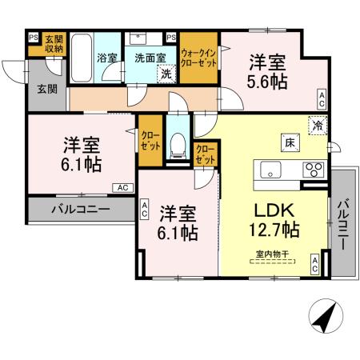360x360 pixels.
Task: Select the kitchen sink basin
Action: pos(268,169)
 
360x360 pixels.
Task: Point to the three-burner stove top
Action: pos(312,169)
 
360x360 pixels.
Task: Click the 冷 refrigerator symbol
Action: pos(318,124)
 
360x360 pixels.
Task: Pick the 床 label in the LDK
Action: pos(286,142)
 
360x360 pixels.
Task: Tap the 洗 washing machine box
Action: pos(166,74)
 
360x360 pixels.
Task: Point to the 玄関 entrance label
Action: pos(46,89)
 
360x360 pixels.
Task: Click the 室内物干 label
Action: pos(272,254)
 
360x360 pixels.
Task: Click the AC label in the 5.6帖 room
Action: pos(321,100)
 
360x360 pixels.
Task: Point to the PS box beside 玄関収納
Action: pos(33,37)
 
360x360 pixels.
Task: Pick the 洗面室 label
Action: pos(150,57)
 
